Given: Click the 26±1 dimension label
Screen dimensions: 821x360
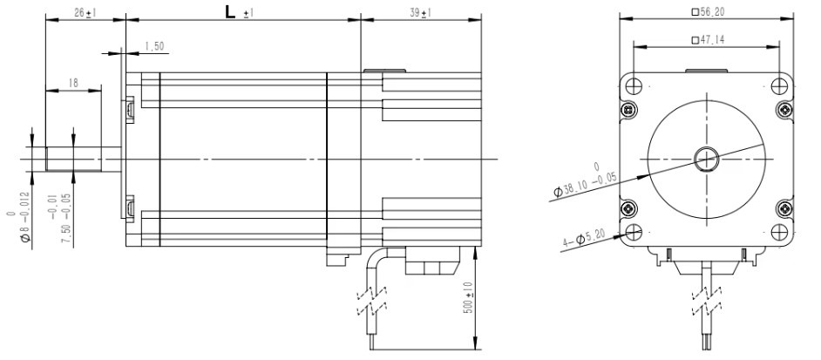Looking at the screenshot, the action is (84, 12).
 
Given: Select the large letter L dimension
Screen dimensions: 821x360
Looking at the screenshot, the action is (230, 12).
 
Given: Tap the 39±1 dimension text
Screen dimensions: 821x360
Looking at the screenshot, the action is (420, 13).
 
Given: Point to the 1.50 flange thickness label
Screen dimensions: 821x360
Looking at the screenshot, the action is (154, 47).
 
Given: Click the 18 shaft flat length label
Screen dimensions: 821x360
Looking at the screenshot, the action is (73, 83).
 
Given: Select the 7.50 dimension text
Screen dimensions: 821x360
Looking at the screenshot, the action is (58, 217).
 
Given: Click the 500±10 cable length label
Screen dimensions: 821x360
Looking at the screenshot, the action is (468, 297).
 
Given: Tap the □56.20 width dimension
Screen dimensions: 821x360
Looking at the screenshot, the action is (708, 12).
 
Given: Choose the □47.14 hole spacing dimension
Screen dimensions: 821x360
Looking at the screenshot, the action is (708, 40).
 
